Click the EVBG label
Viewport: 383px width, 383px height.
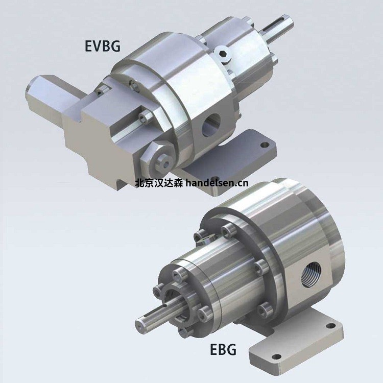(103, 45)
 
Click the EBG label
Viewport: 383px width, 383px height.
(223, 349)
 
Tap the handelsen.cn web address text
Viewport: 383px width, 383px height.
(217, 183)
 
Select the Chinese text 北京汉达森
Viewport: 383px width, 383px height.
(159, 183)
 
